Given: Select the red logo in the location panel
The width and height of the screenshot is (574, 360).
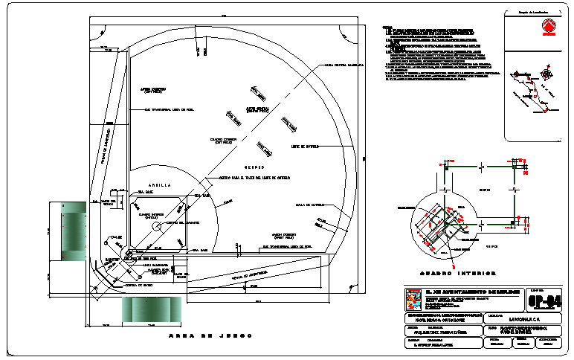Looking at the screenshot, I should point(548,30).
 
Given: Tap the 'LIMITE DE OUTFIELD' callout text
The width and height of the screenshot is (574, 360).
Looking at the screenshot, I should point(306,147).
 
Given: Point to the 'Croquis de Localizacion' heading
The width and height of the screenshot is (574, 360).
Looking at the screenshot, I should point(529,12).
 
